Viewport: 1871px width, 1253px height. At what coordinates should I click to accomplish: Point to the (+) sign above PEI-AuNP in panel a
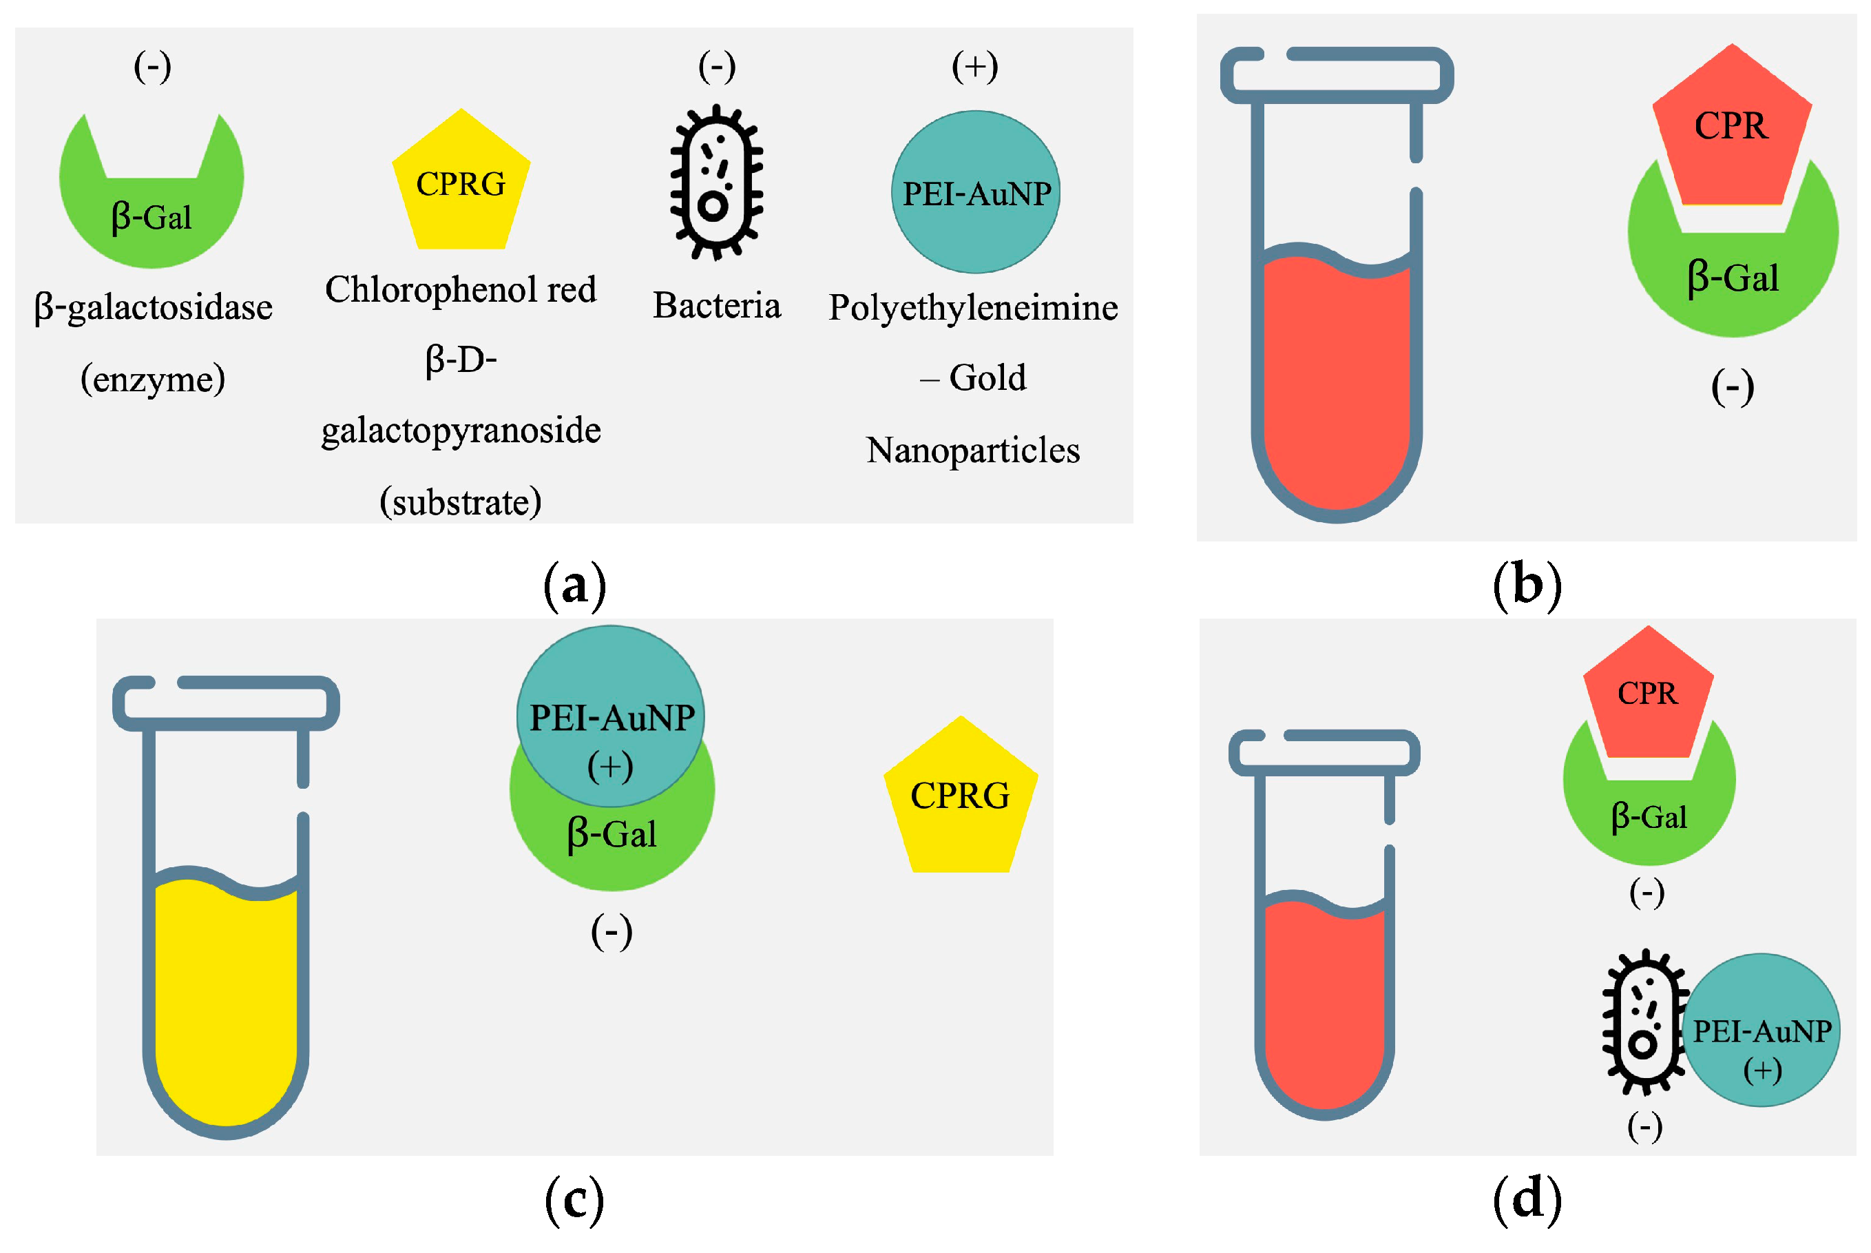click(974, 66)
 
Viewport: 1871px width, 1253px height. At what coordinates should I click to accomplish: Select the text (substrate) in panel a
click(460, 503)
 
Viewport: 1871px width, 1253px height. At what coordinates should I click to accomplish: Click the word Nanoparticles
click(972, 451)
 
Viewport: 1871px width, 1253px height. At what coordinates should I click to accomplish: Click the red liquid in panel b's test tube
click(1336, 384)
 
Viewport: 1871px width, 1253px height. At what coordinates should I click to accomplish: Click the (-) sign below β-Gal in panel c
click(611, 932)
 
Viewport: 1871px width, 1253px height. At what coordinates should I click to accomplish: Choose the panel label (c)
click(574, 1199)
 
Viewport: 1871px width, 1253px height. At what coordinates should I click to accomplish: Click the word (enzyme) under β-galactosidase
click(153, 380)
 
